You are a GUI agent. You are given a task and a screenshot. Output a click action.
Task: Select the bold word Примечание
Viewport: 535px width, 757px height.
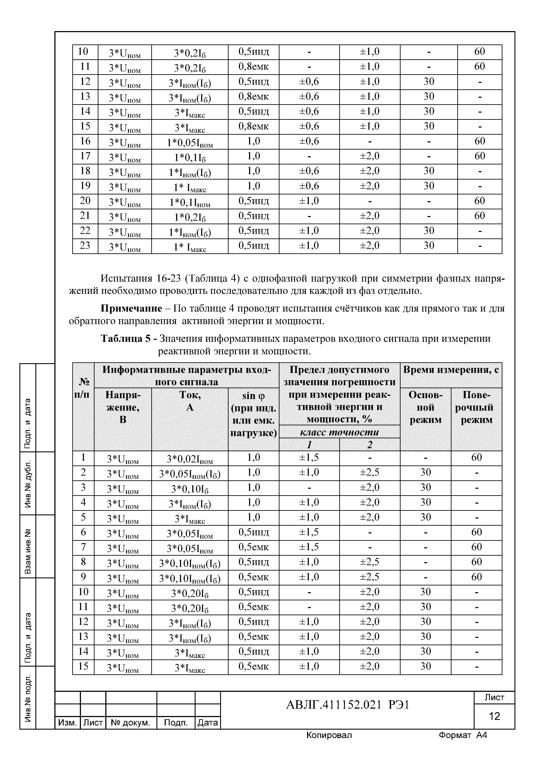click(131, 309)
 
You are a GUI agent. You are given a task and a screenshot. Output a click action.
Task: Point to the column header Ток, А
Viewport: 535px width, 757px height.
click(189, 401)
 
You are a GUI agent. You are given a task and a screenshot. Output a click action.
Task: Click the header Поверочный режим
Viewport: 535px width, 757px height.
click(476, 407)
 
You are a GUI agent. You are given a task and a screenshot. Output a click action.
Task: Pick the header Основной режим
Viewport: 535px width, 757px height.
click(425, 407)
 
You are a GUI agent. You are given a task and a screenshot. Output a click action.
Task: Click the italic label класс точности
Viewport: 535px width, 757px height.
click(339, 432)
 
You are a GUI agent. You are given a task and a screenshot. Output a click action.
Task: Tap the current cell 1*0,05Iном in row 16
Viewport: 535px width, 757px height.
click(189, 142)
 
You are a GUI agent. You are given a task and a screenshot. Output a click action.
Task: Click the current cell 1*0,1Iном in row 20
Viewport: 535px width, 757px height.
click(189, 202)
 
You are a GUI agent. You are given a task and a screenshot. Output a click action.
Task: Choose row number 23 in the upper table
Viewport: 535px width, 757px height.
click(85, 246)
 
